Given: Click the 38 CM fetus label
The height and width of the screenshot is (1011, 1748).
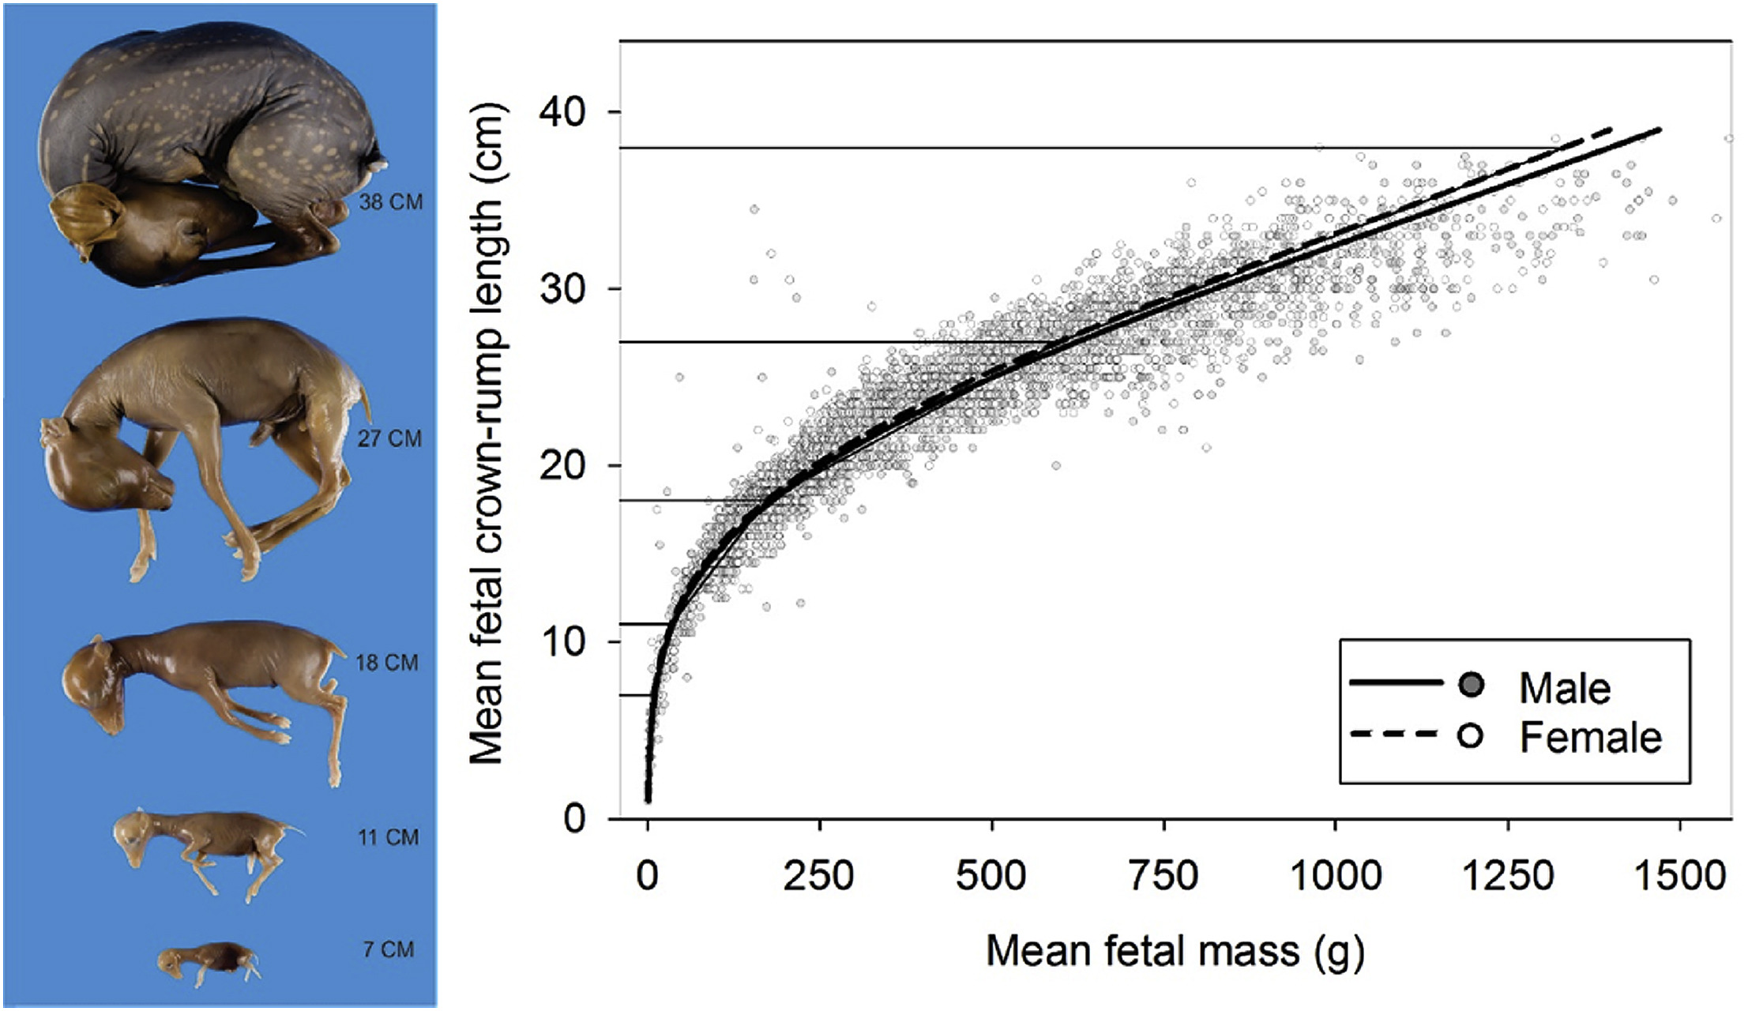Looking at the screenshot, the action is point(391,202).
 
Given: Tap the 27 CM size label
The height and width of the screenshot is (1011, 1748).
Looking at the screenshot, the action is point(389,438).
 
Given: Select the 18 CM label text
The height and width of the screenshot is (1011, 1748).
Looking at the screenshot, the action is point(387,662).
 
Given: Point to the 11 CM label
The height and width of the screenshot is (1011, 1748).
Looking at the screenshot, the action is point(388,836).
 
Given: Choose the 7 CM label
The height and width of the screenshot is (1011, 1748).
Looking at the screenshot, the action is point(389,949).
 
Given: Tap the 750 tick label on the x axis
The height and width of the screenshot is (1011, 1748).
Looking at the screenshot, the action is point(1163,876).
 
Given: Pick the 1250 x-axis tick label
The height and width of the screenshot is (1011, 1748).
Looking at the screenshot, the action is point(1508,876).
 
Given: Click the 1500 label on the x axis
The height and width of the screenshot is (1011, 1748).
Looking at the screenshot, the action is point(1679,876).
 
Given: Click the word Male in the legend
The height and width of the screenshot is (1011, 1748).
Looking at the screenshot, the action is point(1565,688).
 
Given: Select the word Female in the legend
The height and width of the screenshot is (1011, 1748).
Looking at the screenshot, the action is point(1591,738).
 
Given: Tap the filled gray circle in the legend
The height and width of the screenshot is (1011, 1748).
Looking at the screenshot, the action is point(1471,686).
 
